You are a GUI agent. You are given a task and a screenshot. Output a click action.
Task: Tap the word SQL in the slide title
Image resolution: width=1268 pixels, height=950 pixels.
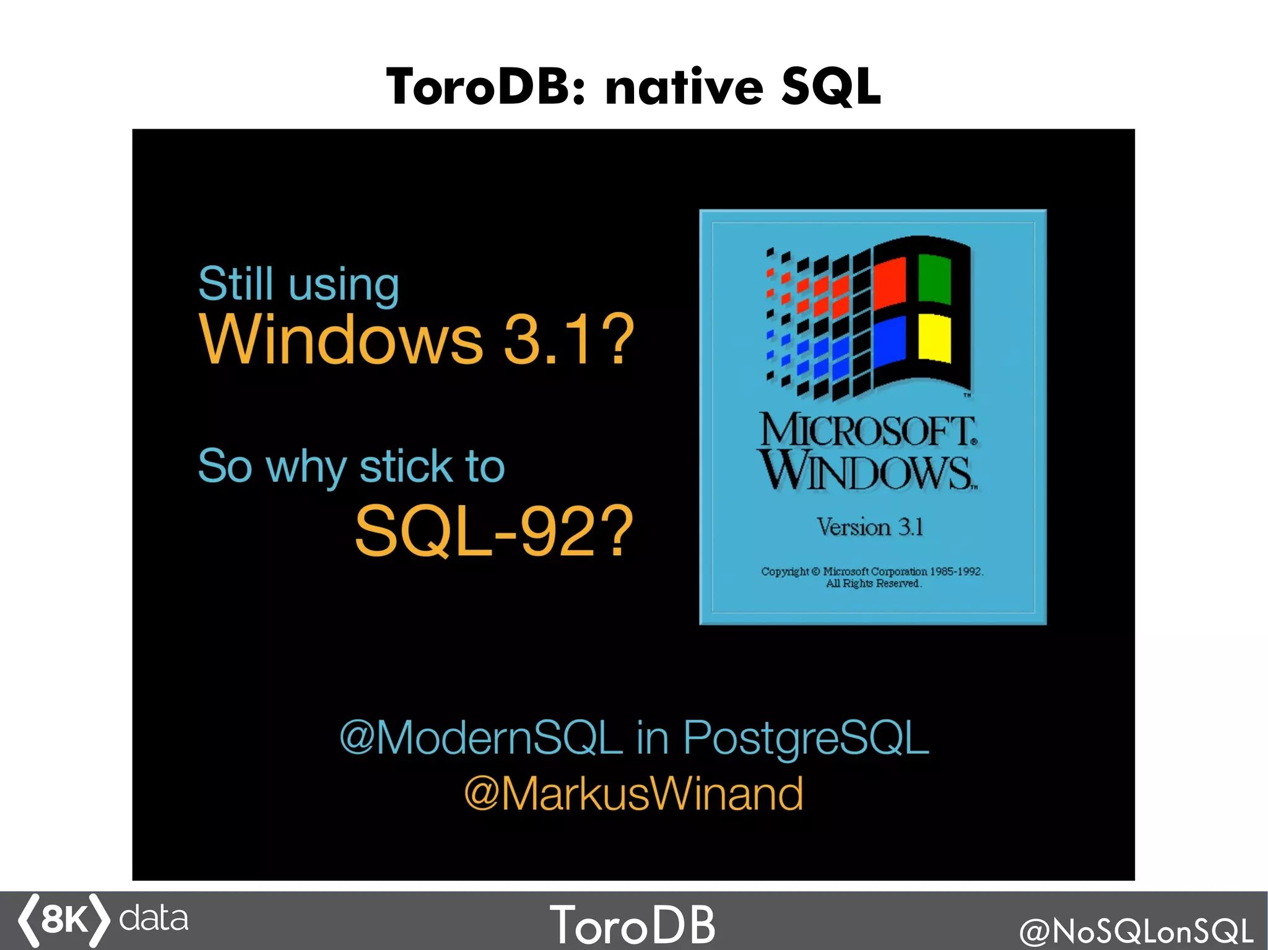click(x=830, y=87)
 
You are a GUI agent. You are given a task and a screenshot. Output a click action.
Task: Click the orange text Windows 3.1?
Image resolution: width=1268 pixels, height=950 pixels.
click(x=417, y=340)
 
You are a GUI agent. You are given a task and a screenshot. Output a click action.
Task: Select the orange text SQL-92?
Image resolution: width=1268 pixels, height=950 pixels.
click(x=493, y=530)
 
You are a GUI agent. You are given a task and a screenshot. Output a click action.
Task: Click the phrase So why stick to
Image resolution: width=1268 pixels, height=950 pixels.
click(x=351, y=466)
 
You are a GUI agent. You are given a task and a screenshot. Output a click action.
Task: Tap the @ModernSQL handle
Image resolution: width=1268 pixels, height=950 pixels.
click(x=480, y=738)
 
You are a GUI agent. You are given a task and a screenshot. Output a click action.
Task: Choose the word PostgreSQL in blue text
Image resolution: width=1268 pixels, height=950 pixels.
click(x=806, y=738)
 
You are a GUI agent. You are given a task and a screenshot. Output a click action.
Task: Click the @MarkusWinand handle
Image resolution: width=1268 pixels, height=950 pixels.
click(x=633, y=793)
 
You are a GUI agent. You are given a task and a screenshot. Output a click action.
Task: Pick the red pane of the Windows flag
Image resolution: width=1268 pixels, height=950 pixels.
click(x=889, y=283)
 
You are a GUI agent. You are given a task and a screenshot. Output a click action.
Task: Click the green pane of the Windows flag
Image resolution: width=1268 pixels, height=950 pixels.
click(x=934, y=279)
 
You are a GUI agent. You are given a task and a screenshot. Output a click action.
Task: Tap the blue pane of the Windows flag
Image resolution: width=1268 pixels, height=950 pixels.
click(x=889, y=342)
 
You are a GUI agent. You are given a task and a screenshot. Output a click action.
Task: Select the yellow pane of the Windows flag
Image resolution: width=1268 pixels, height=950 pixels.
click(x=934, y=337)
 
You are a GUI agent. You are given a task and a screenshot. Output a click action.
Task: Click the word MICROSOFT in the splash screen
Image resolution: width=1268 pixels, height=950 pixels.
click(x=868, y=430)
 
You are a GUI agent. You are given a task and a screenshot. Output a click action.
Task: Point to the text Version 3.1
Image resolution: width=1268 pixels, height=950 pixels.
click(x=870, y=527)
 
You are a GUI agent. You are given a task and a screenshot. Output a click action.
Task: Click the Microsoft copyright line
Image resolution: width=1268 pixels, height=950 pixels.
click(x=872, y=571)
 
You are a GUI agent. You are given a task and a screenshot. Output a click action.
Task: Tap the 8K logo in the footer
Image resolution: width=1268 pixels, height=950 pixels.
click(x=64, y=920)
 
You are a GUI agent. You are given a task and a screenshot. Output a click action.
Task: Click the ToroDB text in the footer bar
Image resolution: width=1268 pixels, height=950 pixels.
click(x=632, y=925)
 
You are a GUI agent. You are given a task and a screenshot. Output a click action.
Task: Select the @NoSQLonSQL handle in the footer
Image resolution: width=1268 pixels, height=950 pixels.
click(x=1136, y=930)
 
